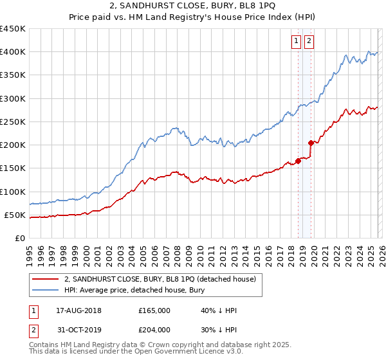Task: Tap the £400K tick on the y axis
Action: pos(13,52)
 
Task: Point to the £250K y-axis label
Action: pos(13,122)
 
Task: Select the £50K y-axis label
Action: pos(15,215)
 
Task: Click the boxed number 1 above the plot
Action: pos(297,42)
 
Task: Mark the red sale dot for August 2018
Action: pos(298,161)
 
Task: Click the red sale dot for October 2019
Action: pos(311,143)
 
